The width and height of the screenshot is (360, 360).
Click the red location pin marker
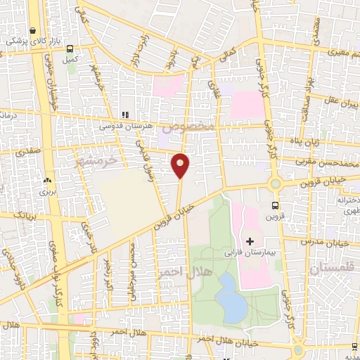[x=181, y=165]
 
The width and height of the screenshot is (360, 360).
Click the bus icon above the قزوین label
[x=275, y=206]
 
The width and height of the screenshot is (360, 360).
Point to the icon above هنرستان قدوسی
[x=126, y=114]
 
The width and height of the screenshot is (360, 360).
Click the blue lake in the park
[x=229, y=297]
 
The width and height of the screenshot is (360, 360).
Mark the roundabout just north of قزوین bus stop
[x=275, y=185]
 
